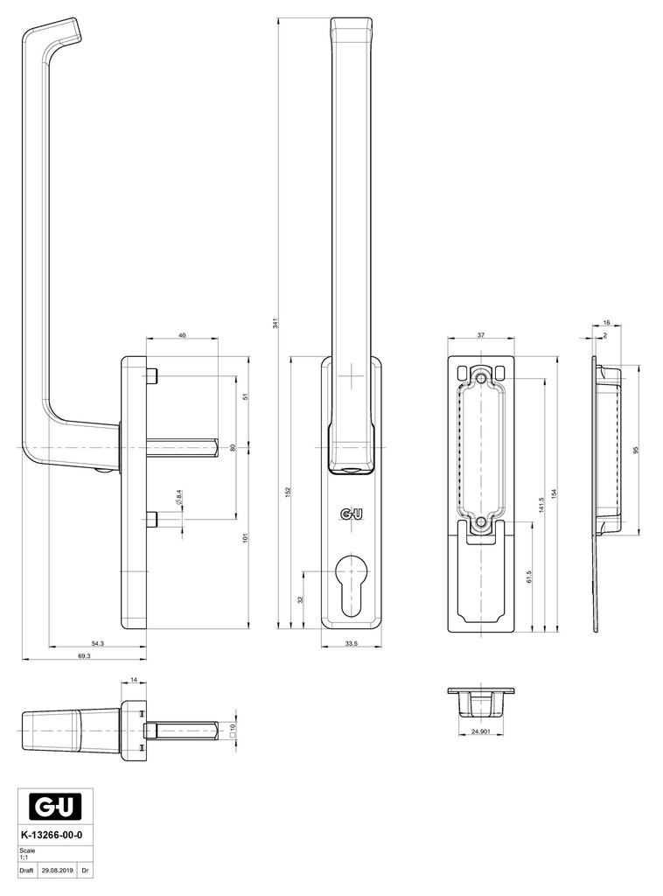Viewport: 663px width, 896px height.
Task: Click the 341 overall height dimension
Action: (x=276, y=321)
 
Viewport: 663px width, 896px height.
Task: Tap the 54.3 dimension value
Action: (x=97, y=643)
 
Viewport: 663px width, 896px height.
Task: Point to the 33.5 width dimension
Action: (x=351, y=643)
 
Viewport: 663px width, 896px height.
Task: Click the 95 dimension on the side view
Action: (x=637, y=450)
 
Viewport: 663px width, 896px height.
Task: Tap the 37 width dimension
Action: (x=480, y=334)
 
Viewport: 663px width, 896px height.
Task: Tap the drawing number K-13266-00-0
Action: (x=55, y=836)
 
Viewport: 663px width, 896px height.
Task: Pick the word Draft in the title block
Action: (x=26, y=871)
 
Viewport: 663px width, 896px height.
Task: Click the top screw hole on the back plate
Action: (x=481, y=379)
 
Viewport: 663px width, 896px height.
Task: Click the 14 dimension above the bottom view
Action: (x=133, y=680)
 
